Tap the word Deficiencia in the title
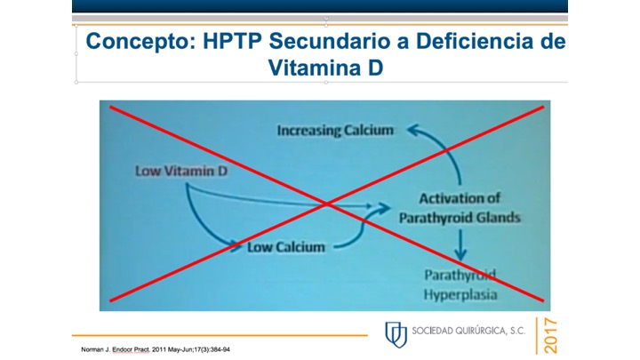[477, 41]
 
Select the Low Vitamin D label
[180, 169]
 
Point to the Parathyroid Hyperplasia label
[460, 283]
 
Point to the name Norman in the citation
[92, 350]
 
